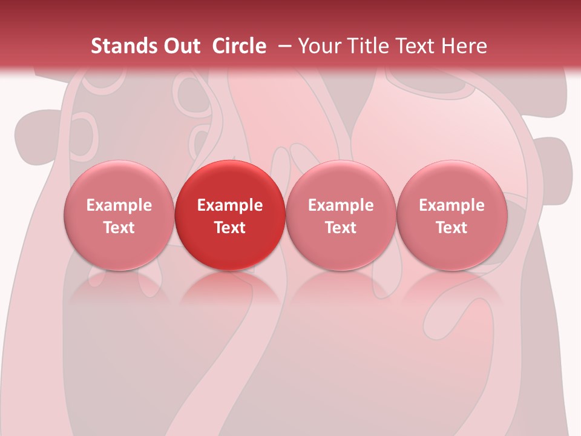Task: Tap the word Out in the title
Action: [x=180, y=46]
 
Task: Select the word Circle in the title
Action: [x=239, y=46]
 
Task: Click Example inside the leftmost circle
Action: [x=119, y=205]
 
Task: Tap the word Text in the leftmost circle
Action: [x=119, y=228]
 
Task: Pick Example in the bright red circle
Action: [x=230, y=205]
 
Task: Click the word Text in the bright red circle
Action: [x=230, y=228]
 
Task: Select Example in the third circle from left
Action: [x=341, y=205]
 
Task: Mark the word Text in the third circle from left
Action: [x=341, y=228]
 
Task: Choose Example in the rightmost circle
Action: [x=451, y=205]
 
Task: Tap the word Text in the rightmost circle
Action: [x=451, y=228]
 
